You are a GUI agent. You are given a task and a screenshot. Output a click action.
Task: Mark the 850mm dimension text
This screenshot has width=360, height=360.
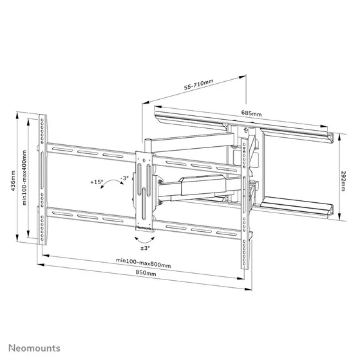145,274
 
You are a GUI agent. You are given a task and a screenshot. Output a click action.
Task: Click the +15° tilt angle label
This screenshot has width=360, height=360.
97,182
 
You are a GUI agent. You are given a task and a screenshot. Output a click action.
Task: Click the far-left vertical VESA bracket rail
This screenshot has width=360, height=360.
43,180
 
